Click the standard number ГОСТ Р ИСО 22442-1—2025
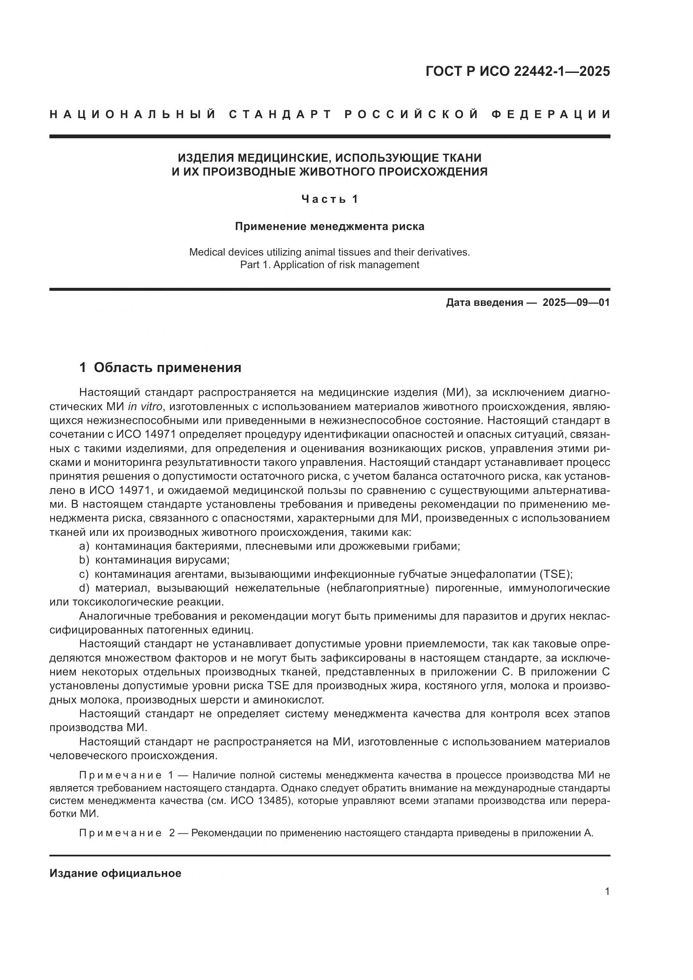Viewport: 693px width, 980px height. [517, 72]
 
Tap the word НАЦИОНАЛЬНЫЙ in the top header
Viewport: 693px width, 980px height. [133, 114]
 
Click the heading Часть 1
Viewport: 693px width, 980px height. [329, 199]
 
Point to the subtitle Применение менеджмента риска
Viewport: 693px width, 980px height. [329, 226]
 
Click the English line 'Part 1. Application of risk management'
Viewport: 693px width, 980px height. [329, 265]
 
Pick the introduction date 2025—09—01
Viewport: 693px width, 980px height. [576, 303]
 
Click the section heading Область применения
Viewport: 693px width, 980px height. [167, 367]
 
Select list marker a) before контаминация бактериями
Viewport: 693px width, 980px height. [84, 546]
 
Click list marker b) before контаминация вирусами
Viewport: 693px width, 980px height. [84, 560]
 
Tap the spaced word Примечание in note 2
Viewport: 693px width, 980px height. [120, 833]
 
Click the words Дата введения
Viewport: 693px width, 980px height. [484, 303]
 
